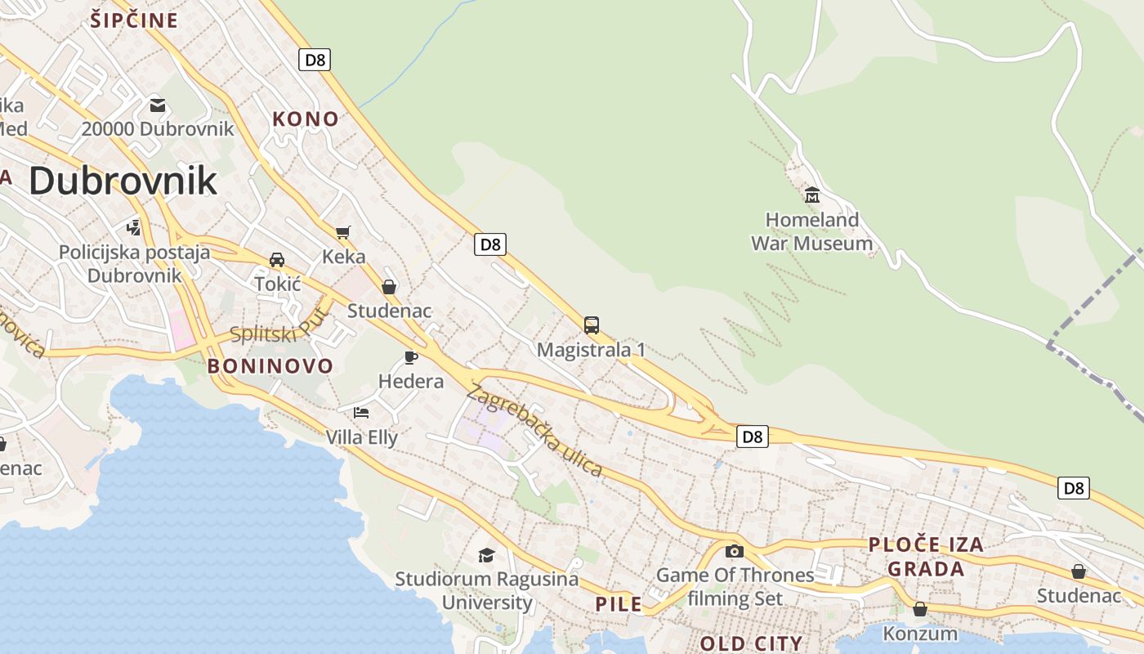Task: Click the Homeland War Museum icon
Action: pyautogui.click(x=812, y=195)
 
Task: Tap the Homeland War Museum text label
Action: pyautogui.click(x=811, y=231)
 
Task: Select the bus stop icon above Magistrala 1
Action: pyautogui.click(x=592, y=325)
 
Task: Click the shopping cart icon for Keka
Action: pyautogui.click(x=343, y=232)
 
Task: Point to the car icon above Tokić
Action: pyautogui.click(x=277, y=260)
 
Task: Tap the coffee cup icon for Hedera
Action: pyautogui.click(x=411, y=357)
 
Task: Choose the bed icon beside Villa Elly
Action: pyautogui.click(x=361, y=412)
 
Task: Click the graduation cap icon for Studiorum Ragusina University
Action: pyautogui.click(x=486, y=555)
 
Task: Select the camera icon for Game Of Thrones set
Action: pyautogui.click(x=735, y=551)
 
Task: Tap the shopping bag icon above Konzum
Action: pyautogui.click(x=920, y=609)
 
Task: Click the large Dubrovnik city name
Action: pyautogui.click(x=123, y=181)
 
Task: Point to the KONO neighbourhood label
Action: pyautogui.click(x=306, y=119)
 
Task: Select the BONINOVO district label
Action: pyautogui.click(x=270, y=366)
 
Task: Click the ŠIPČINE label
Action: pyautogui.click(x=134, y=20)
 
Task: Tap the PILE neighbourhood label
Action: pyautogui.click(x=619, y=605)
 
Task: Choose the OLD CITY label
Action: pyautogui.click(x=751, y=643)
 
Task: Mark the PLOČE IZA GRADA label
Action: pyautogui.click(x=926, y=557)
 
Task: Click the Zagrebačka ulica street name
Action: pyautogui.click(x=534, y=430)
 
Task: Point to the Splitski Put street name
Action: pyautogui.click(x=279, y=326)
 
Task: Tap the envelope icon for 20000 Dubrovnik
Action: pyautogui.click(x=158, y=105)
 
